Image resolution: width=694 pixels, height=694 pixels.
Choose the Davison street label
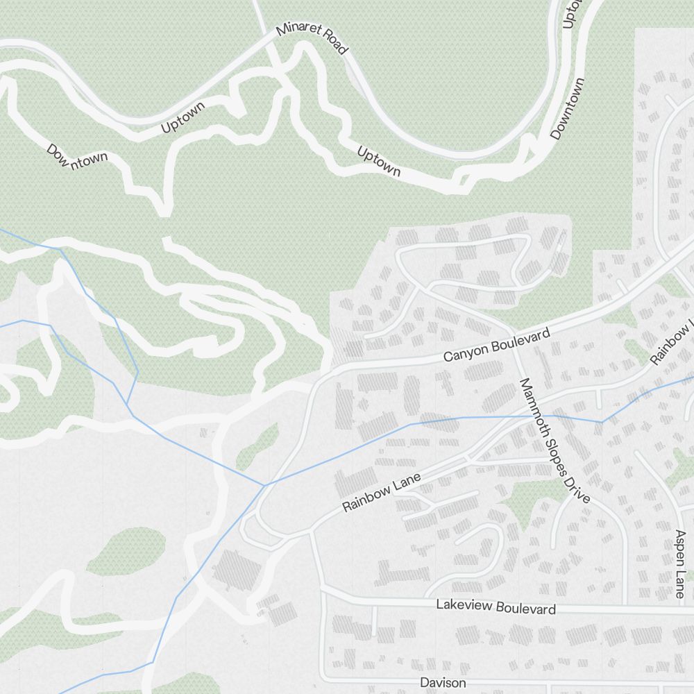click(443, 683)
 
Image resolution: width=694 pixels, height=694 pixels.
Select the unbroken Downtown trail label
click(568, 109)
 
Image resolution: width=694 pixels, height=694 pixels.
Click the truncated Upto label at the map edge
click(570, 14)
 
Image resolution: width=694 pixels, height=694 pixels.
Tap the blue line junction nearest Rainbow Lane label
click(265, 484)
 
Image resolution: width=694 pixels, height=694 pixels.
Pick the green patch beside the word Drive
click(534, 500)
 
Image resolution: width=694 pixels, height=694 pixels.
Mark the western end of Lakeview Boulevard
click(323, 591)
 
